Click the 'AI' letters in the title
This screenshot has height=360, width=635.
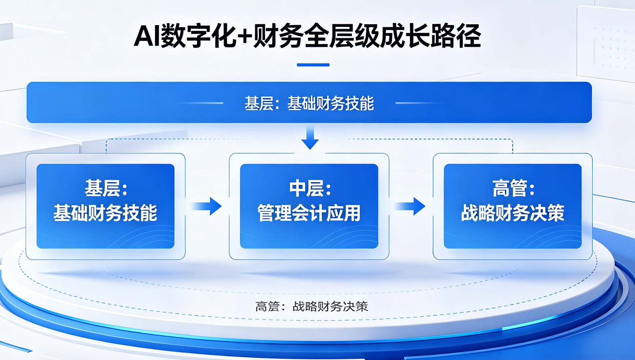[x=147, y=36]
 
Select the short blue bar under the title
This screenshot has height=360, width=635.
[x=313, y=65]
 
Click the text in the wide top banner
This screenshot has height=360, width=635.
[x=309, y=103]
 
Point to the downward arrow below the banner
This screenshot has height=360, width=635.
[x=310, y=137]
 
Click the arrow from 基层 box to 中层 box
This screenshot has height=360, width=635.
[x=206, y=206]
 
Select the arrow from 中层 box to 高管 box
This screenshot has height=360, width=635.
[x=410, y=206]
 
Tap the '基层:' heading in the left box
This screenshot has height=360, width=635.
[x=106, y=188]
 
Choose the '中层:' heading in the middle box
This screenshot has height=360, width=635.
[x=310, y=188]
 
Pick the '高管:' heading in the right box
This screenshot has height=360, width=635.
[x=513, y=188]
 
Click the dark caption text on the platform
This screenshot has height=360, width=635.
[x=311, y=306]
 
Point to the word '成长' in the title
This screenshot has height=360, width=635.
[x=404, y=36]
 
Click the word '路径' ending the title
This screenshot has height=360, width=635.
[x=456, y=36]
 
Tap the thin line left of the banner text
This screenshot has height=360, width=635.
[x=198, y=103]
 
